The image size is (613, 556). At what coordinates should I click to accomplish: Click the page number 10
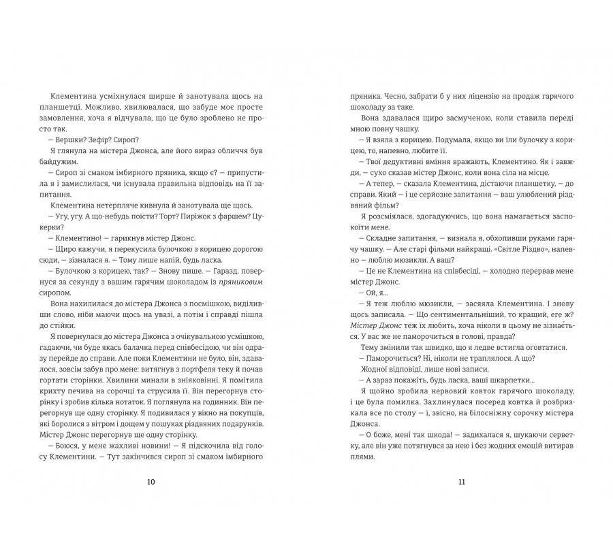[151, 482]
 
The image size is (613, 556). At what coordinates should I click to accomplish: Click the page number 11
[461, 482]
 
